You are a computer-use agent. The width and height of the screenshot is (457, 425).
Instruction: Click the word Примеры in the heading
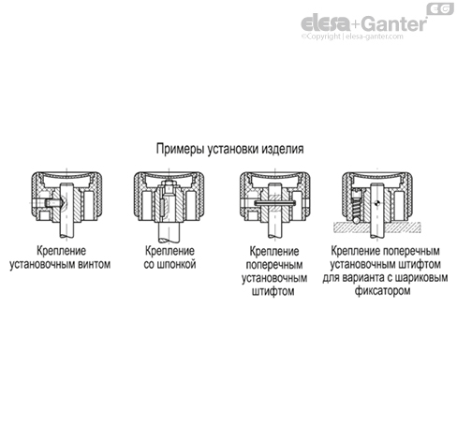pyautogui.click(x=178, y=149)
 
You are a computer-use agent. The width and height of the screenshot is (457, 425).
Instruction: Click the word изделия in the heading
pyautogui.click(x=283, y=149)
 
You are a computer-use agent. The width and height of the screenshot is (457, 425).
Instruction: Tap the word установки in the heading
pyautogui.click(x=231, y=149)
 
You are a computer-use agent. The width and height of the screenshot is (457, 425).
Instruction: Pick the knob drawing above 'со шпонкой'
pyautogui.click(x=170, y=202)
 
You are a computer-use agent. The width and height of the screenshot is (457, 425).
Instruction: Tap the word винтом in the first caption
pyautogui.click(x=95, y=265)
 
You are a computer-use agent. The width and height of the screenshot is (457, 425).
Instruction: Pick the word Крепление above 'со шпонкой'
pyautogui.click(x=170, y=252)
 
